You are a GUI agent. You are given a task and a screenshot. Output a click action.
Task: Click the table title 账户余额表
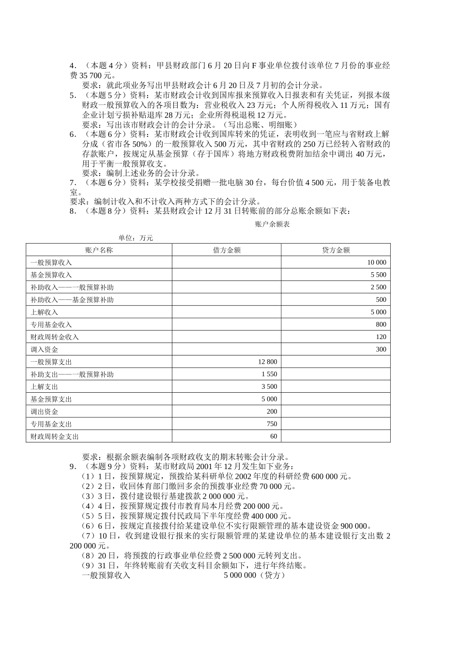[x=272, y=224]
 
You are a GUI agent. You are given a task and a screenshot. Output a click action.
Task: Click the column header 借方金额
[x=227, y=250]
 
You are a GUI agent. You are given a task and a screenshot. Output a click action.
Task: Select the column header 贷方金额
[x=336, y=250]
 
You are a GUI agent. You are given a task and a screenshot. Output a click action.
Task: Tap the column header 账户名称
[x=99, y=250]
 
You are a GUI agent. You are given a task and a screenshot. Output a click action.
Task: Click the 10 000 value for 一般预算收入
[x=377, y=263]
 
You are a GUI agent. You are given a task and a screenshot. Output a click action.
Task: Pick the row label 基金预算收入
[x=51, y=275]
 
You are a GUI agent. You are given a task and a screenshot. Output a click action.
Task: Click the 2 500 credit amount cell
[x=379, y=287]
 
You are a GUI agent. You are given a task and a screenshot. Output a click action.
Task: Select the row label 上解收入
[x=45, y=312]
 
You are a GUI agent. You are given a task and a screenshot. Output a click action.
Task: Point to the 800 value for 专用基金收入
[x=381, y=325]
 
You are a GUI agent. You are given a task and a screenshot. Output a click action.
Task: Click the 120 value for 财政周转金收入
[x=381, y=337]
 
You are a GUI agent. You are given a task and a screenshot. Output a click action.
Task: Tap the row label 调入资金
[x=45, y=350]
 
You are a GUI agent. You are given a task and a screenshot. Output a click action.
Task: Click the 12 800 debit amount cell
[x=268, y=362]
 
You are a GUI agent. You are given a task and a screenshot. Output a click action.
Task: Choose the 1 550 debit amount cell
[x=269, y=374]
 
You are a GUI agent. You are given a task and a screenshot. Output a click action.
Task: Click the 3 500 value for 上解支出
[x=269, y=386]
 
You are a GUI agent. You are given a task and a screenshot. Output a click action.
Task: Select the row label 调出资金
[x=45, y=412]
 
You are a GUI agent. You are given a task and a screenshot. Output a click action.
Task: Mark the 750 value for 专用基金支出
[x=272, y=424]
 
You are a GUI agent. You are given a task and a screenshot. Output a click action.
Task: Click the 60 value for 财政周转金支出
[x=274, y=436]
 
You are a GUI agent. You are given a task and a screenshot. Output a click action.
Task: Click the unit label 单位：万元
[x=136, y=238]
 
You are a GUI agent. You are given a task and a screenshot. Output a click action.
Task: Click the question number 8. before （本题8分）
[x=73, y=211]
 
